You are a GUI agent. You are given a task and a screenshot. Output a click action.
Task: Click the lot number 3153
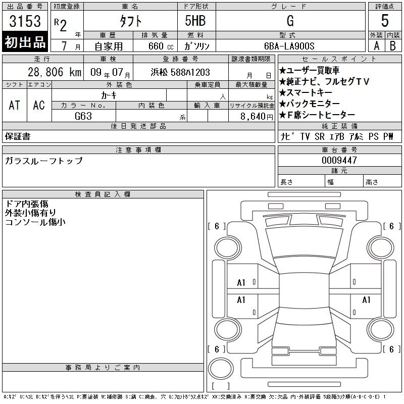(25, 21)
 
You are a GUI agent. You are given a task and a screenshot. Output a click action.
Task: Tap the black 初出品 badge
(25, 41)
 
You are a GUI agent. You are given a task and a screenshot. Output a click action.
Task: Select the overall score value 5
(385, 21)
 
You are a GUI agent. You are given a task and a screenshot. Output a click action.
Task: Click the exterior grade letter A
(376, 46)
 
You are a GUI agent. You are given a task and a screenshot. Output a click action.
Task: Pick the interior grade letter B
(393, 46)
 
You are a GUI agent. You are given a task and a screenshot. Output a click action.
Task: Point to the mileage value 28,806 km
(55, 72)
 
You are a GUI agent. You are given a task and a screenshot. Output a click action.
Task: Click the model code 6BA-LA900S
(289, 46)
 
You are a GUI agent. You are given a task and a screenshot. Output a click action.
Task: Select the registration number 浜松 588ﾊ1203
(180, 72)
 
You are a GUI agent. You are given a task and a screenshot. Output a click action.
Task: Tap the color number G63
(83, 116)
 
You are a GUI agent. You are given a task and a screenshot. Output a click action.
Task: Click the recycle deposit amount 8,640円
(257, 117)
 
